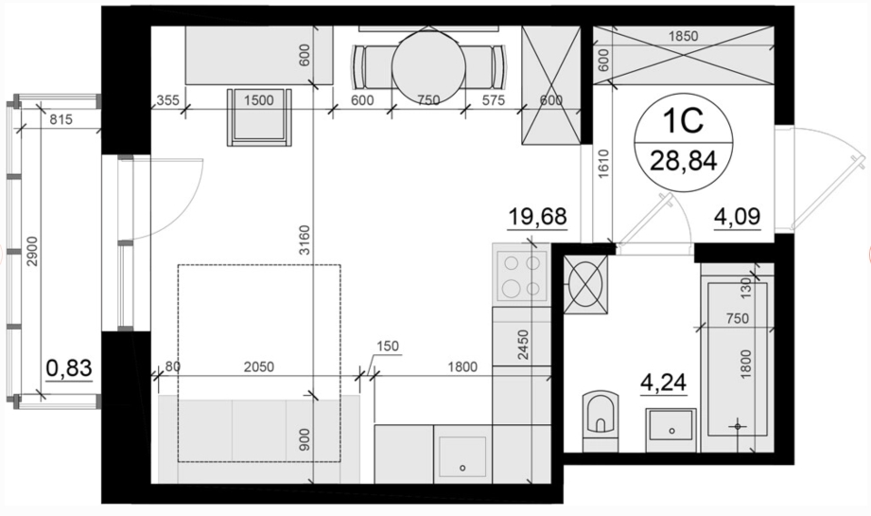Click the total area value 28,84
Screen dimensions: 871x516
(683, 161)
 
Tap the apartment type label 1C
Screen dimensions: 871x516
(683, 120)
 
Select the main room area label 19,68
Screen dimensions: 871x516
(538, 217)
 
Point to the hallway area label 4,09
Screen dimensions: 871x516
(737, 216)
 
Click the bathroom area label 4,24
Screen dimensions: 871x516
(664, 383)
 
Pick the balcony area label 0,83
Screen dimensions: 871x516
(69, 368)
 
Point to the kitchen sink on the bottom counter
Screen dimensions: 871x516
(462, 454)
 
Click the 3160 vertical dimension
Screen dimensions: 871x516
(305, 240)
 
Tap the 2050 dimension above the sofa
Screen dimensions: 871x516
(259, 367)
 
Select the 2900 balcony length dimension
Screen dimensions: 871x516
(32, 251)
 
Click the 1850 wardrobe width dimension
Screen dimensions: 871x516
(683, 37)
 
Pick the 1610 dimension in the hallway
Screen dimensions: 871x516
(603, 164)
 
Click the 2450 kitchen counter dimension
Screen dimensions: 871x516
(523, 345)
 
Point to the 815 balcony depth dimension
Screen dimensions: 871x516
(61, 119)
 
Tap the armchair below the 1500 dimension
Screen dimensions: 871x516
(259, 117)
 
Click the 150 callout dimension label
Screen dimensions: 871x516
(387, 347)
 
